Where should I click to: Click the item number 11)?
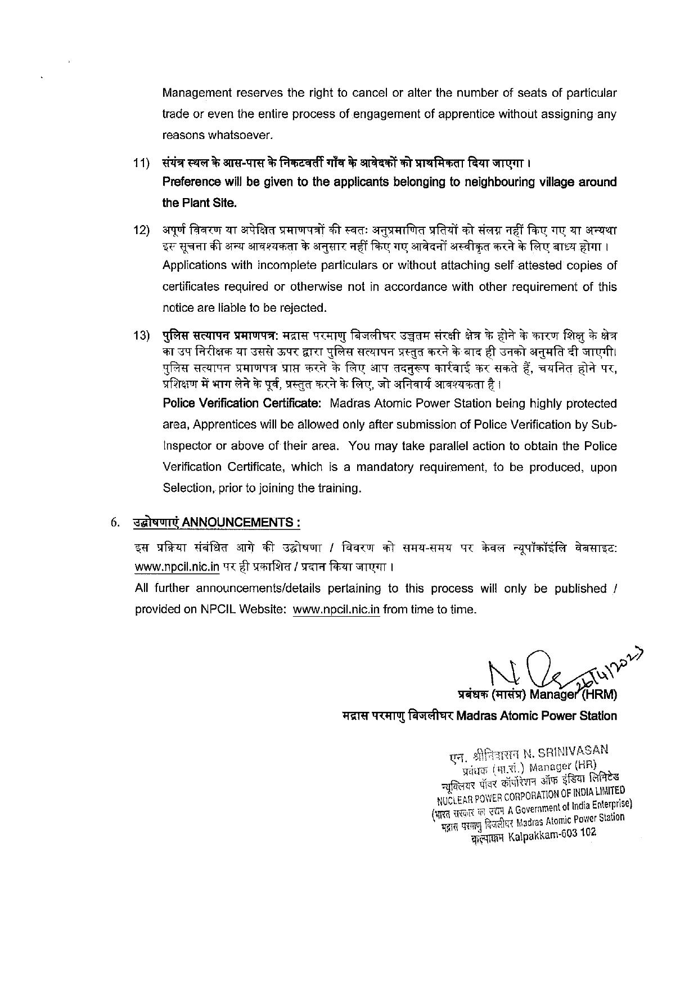point(141,163)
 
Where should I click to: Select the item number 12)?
point(141,230)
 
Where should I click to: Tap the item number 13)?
point(141,336)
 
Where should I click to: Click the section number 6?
point(115,522)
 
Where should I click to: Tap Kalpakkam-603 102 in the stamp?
point(551,836)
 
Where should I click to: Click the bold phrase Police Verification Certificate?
point(242,403)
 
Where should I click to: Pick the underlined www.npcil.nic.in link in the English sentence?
point(336,609)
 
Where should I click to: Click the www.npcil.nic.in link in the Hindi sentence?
point(177,567)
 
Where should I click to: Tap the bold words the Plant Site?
point(199,203)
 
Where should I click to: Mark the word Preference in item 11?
point(191,182)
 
